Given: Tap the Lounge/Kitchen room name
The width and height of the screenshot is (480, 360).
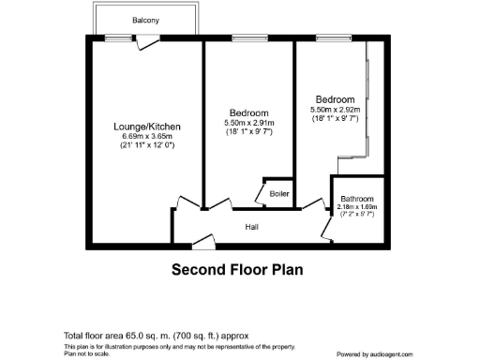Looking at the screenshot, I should pyautogui.click(x=147, y=127).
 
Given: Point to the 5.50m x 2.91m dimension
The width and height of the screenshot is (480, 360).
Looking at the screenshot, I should pyautogui.click(x=249, y=123).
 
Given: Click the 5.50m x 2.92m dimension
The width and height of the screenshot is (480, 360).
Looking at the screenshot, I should pyautogui.click(x=335, y=110).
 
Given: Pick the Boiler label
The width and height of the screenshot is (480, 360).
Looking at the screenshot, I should pyautogui.click(x=278, y=194).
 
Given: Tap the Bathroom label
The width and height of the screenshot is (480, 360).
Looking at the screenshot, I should pyautogui.click(x=357, y=199).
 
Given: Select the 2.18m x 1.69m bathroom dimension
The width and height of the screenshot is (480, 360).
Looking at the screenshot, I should pyautogui.click(x=357, y=207).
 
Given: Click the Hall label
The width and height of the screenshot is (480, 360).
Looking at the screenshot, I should pyautogui.click(x=252, y=227).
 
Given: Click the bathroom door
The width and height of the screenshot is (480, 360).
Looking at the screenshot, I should pyautogui.click(x=327, y=226).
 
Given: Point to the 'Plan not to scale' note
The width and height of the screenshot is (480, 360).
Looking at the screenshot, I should pyautogui.click(x=86, y=353).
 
